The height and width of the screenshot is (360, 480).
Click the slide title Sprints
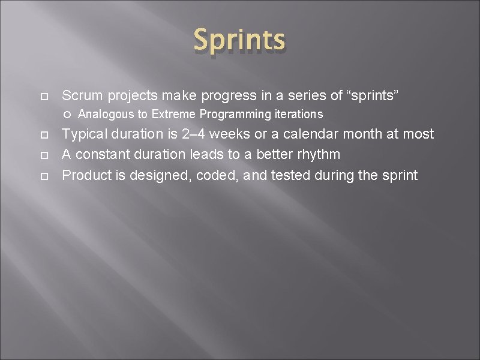pos(239,40)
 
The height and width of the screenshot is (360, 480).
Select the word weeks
pos(233,134)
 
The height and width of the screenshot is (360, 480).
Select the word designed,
pos(162,175)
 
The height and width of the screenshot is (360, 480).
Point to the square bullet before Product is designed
pos(44,176)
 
